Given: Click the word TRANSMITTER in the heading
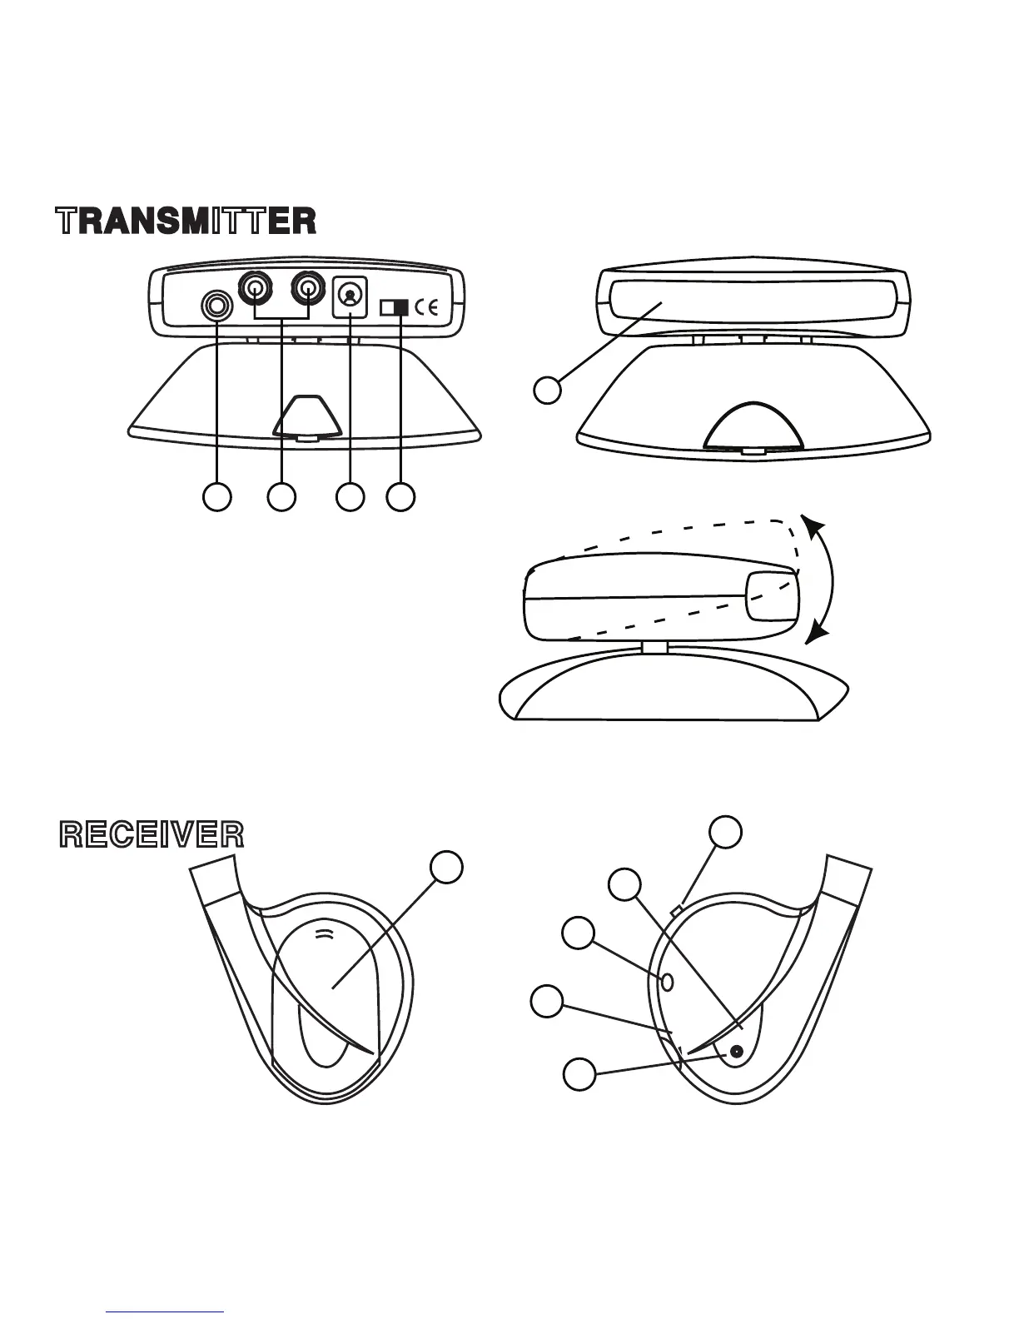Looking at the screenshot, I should (186, 221).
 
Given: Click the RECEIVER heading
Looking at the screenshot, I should (152, 834).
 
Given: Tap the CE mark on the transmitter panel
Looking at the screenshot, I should (427, 308).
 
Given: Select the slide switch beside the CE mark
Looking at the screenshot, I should (395, 308).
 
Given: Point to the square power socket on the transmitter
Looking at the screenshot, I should (350, 296).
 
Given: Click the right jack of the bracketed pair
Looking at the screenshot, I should (308, 289).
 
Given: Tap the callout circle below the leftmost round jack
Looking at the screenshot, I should (217, 496).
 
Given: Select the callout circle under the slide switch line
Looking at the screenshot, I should (401, 496).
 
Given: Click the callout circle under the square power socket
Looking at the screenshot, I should (350, 496).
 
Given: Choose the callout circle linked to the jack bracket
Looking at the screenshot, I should (282, 496).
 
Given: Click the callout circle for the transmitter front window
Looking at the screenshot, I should (547, 390).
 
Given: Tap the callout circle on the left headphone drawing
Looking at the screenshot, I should (446, 866).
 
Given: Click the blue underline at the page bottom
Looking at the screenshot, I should (166, 1312).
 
